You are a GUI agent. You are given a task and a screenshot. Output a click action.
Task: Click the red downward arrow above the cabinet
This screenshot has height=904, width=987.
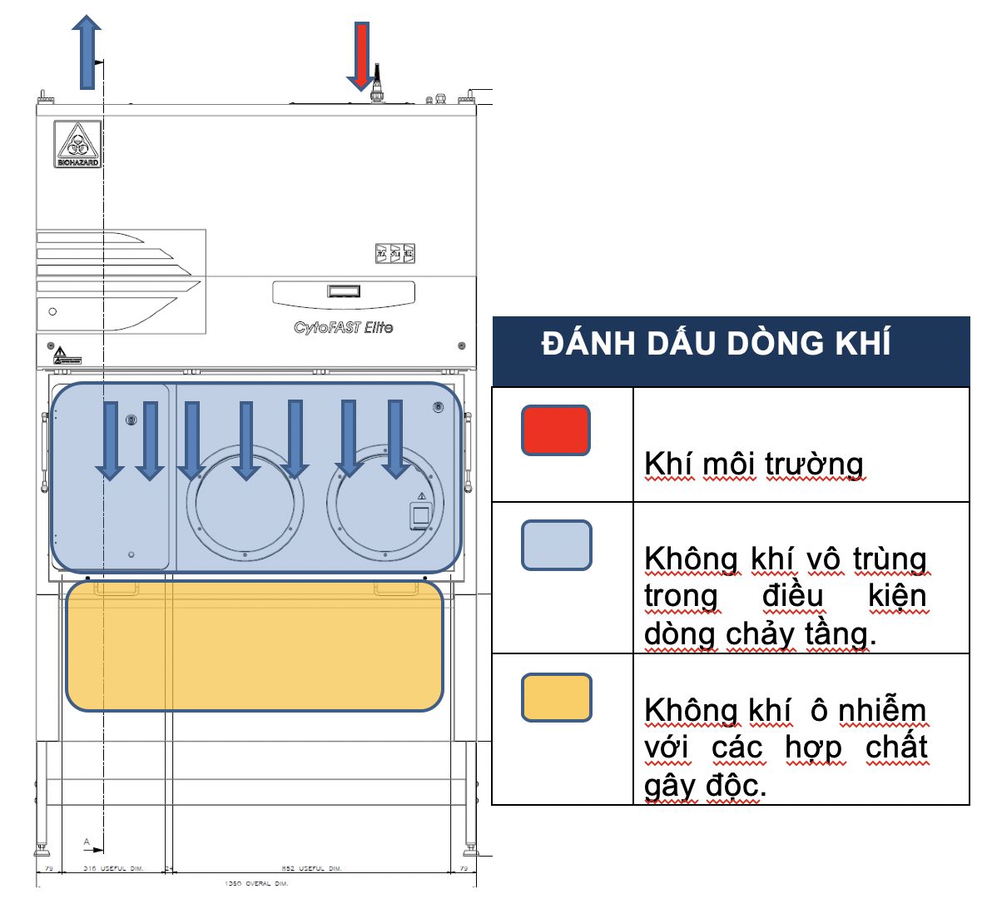point(361,55)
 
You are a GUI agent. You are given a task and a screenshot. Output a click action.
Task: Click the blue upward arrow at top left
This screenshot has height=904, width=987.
point(87,53)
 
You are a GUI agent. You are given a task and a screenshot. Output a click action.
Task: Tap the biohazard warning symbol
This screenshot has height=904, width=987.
point(77,144)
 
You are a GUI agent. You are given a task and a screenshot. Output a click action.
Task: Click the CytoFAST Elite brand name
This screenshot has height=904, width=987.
point(343,327)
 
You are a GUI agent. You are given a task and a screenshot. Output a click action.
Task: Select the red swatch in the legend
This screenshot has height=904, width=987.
point(556,430)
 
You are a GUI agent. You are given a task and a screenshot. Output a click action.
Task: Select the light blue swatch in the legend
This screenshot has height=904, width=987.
point(556,545)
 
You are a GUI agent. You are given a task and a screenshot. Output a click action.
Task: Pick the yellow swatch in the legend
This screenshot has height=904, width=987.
point(556,698)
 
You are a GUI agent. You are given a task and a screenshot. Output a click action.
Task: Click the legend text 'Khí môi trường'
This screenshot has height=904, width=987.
point(754,464)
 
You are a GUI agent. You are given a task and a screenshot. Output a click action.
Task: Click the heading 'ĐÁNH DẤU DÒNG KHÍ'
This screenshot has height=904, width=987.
point(716,344)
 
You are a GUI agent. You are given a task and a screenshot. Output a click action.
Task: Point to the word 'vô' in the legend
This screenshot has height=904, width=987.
point(821,559)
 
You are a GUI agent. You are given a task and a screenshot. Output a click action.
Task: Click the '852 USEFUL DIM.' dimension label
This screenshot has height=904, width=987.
point(311,868)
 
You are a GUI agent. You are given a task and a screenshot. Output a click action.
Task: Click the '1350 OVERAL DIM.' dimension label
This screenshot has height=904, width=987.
point(256,883)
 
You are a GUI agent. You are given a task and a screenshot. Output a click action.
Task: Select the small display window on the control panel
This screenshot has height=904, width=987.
point(343,291)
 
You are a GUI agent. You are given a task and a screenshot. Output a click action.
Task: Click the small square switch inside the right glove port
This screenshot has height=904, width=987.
point(421,515)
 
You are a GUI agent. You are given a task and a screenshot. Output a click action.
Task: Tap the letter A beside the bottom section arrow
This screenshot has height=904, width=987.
point(87,842)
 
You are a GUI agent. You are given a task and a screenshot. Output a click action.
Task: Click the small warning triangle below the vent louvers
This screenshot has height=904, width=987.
point(61,355)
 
